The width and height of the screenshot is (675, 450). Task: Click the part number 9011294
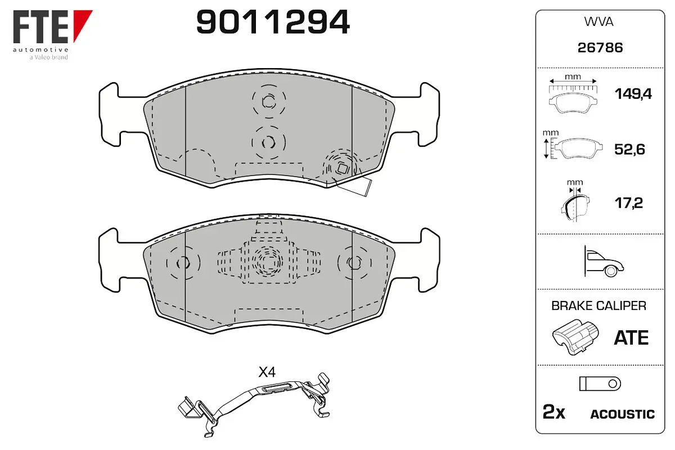point(273,22)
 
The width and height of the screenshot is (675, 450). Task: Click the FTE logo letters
point(40,26)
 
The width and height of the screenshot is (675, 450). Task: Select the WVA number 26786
point(600,48)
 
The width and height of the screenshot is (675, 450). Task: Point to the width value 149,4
point(633,94)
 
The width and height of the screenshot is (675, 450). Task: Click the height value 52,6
point(629,149)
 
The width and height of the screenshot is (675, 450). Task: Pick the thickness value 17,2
point(629,203)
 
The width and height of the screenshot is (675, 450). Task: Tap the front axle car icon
point(604,262)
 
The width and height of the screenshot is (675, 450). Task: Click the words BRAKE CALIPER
point(598,305)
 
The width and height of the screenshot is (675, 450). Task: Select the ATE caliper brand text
point(631,338)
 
